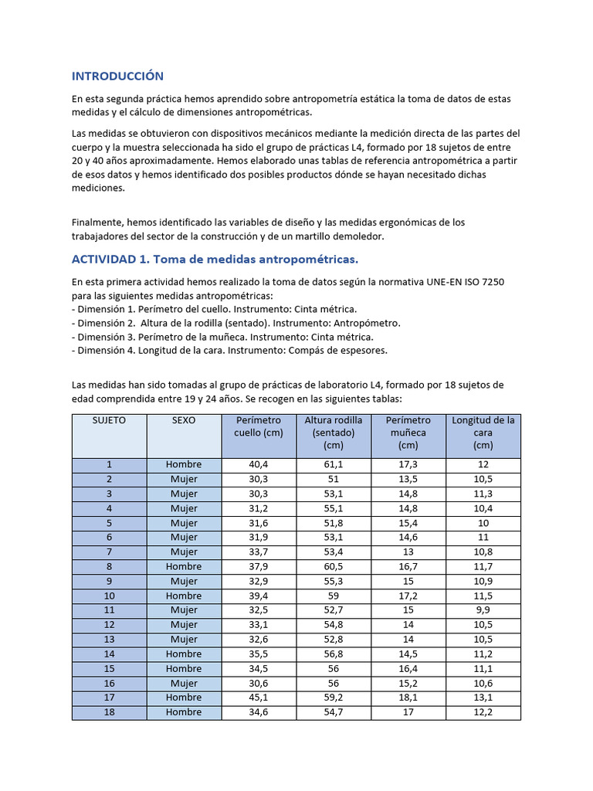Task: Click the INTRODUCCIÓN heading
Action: coord(117,76)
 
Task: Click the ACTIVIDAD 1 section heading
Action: coord(215,258)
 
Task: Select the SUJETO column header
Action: coord(109,421)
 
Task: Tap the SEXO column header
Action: coord(184,421)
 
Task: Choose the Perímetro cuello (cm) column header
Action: coord(259,426)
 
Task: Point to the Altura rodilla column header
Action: coord(334,433)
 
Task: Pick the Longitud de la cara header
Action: coord(483,433)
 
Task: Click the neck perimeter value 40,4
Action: coord(259,464)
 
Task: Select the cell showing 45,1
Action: coord(259,698)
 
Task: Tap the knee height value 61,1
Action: coord(334,464)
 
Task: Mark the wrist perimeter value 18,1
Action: coord(408,698)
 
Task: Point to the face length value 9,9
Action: coord(483,610)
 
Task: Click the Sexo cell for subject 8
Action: coord(184,566)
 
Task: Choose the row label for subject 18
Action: coord(109,712)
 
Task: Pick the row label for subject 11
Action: coord(109,610)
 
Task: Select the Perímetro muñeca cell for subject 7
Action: coord(408,552)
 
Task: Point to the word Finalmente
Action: coord(97,222)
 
